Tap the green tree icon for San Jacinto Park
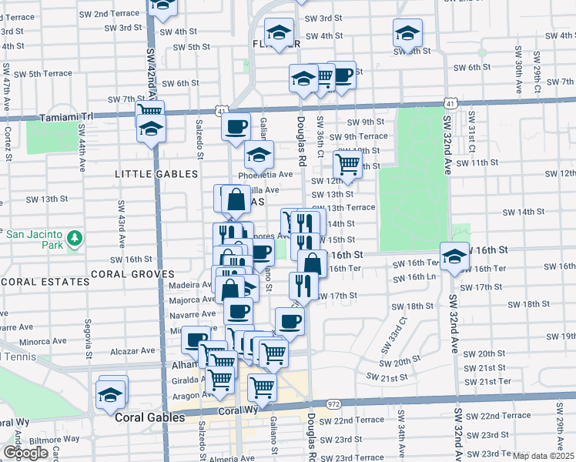75,239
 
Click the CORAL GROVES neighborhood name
132,273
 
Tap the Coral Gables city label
149,417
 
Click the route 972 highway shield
333,404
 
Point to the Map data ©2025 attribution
542,456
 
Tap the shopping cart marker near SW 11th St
348,164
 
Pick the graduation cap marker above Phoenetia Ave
260,155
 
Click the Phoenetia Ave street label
266,175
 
